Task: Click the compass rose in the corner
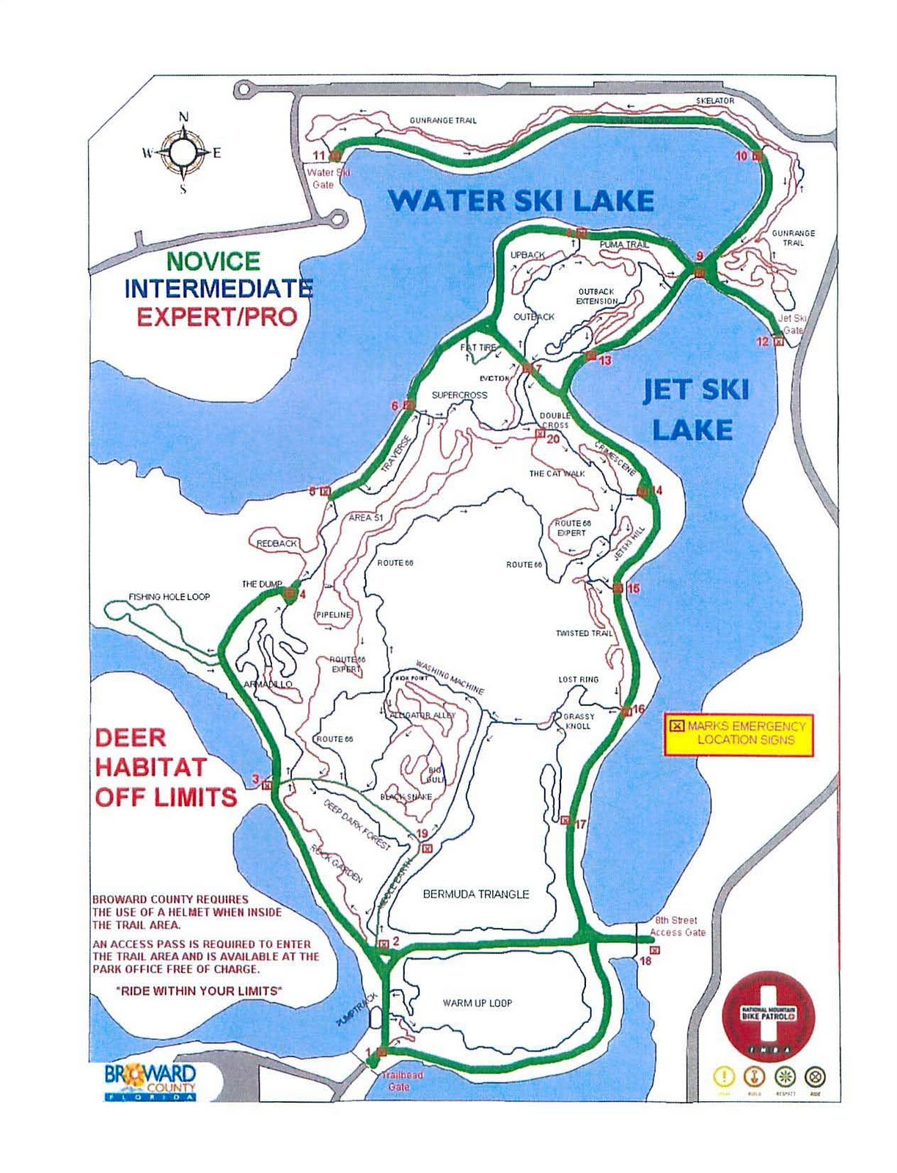(183, 152)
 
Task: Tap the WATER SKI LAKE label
(521, 200)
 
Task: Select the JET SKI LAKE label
(695, 410)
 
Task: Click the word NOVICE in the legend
(213, 261)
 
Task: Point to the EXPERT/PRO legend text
(217, 317)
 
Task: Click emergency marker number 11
(335, 155)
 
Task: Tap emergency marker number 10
(757, 155)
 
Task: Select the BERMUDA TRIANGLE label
(476, 894)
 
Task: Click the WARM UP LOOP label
(477, 1003)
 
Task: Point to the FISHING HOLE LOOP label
(169, 597)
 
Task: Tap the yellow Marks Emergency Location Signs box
(739, 733)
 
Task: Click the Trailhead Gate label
(402, 1080)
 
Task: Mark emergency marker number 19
(427, 847)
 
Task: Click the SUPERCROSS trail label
(459, 394)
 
